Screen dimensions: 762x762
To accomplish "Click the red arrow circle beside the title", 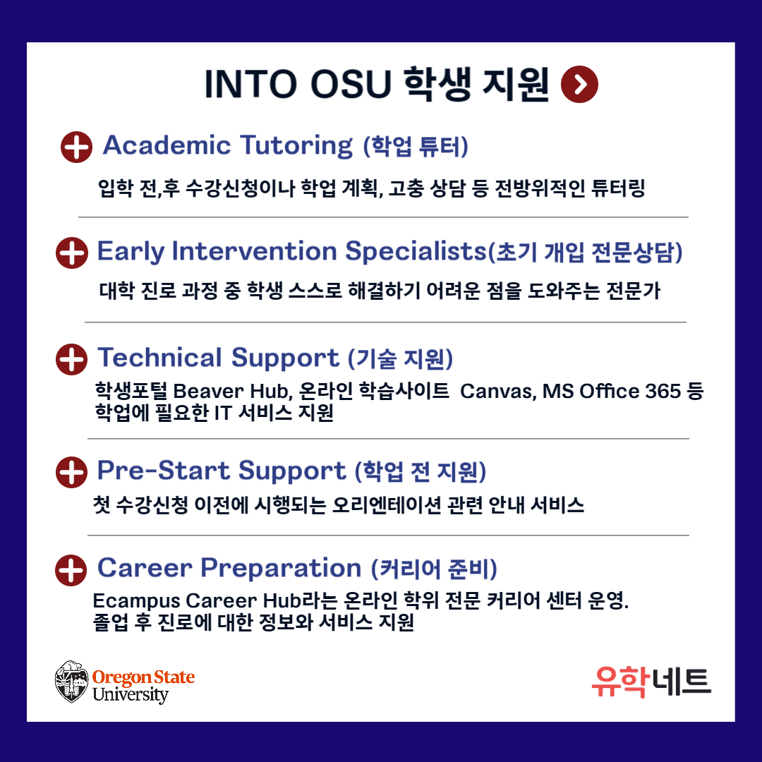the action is pyautogui.click(x=579, y=84).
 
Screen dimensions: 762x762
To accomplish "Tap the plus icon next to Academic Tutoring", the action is pyautogui.click(x=76, y=147).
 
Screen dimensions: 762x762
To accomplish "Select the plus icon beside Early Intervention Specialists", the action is pyautogui.click(x=72, y=253).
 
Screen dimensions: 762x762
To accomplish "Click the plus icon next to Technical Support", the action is pyautogui.click(x=72, y=359).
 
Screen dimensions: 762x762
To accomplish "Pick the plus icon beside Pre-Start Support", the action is pyautogui.click(x=71, y=472).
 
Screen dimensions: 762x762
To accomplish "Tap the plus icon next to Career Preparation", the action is pyautogui.click(x=71, y=570).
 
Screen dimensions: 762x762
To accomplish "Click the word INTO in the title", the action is pyautogui.click(x=250, y=85).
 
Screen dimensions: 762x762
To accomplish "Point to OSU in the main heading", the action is pyautogui.click(x=351, y=85).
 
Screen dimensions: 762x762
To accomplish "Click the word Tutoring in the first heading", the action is pyautogui.click(x=296, y=146).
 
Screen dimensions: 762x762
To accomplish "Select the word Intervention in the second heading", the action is pyautogui.click(x=254, y=251).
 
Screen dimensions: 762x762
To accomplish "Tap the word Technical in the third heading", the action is pyautogui.click(x=160, y=358).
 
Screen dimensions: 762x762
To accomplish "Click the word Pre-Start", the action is pyautogui.click(x=163, y=471).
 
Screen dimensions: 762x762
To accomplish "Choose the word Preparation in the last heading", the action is pyautogui.click(x=281, y=569).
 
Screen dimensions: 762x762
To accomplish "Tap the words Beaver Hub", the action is pyautogui.click(x=232, y=391).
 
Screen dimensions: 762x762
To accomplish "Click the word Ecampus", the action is pyautogui.click(x=137, y=602).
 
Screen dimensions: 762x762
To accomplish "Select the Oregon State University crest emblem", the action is pyautogui.click(x=71, y=682).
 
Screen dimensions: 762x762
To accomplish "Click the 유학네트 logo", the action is pyautogui.click(x=651, y=682).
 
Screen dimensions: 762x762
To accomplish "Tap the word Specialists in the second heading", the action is pyautogui.click(x=416, y=252).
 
